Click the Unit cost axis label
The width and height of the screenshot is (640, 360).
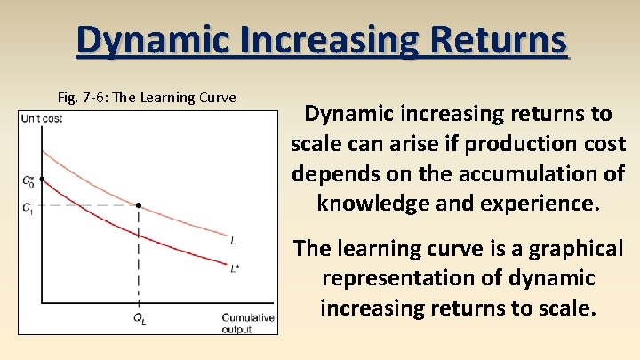pos(42,119)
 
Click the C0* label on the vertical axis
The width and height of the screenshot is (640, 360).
pos(29,180)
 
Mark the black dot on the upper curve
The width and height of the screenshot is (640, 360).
pos(139,205)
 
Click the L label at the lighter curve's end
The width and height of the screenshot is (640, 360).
pos(233,241)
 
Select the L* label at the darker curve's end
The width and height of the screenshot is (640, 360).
pos(235,268)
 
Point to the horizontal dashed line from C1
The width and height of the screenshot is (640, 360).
pos(89,205)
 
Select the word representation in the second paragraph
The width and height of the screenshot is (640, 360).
pos(395,279)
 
